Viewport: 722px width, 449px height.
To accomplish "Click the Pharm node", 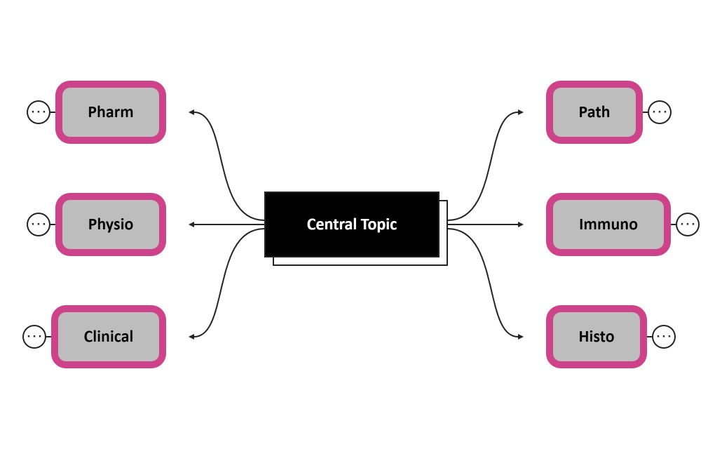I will click(111, 112).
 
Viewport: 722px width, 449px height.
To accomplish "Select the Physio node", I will click(111, 224).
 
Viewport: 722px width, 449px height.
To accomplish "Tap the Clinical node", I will click(109, 337).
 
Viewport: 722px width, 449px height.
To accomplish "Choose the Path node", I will click(594, 112).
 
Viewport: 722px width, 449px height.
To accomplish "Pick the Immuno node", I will click(608, 224).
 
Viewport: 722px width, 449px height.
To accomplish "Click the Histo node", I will click(597, 337).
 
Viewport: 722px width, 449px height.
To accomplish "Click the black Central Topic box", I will click(352, 224).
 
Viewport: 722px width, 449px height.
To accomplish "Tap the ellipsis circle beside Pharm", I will click(39, 112).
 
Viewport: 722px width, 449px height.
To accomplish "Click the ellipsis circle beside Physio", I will click(39, 224).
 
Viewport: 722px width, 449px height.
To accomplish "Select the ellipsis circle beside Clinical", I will click(34, 337).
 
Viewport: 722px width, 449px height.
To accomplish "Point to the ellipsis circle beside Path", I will click(660, 112).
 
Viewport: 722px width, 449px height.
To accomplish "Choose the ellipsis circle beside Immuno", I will click(688, 224).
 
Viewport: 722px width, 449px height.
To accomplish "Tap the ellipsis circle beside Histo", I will click(664, 337).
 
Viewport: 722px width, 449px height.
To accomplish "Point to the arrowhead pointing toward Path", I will click(520, 112).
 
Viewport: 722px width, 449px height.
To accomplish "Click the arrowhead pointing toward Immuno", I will click(520, 224).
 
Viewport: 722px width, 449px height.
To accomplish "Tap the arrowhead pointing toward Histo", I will click(520, 337).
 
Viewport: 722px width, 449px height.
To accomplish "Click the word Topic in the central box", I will click(379, 224).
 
